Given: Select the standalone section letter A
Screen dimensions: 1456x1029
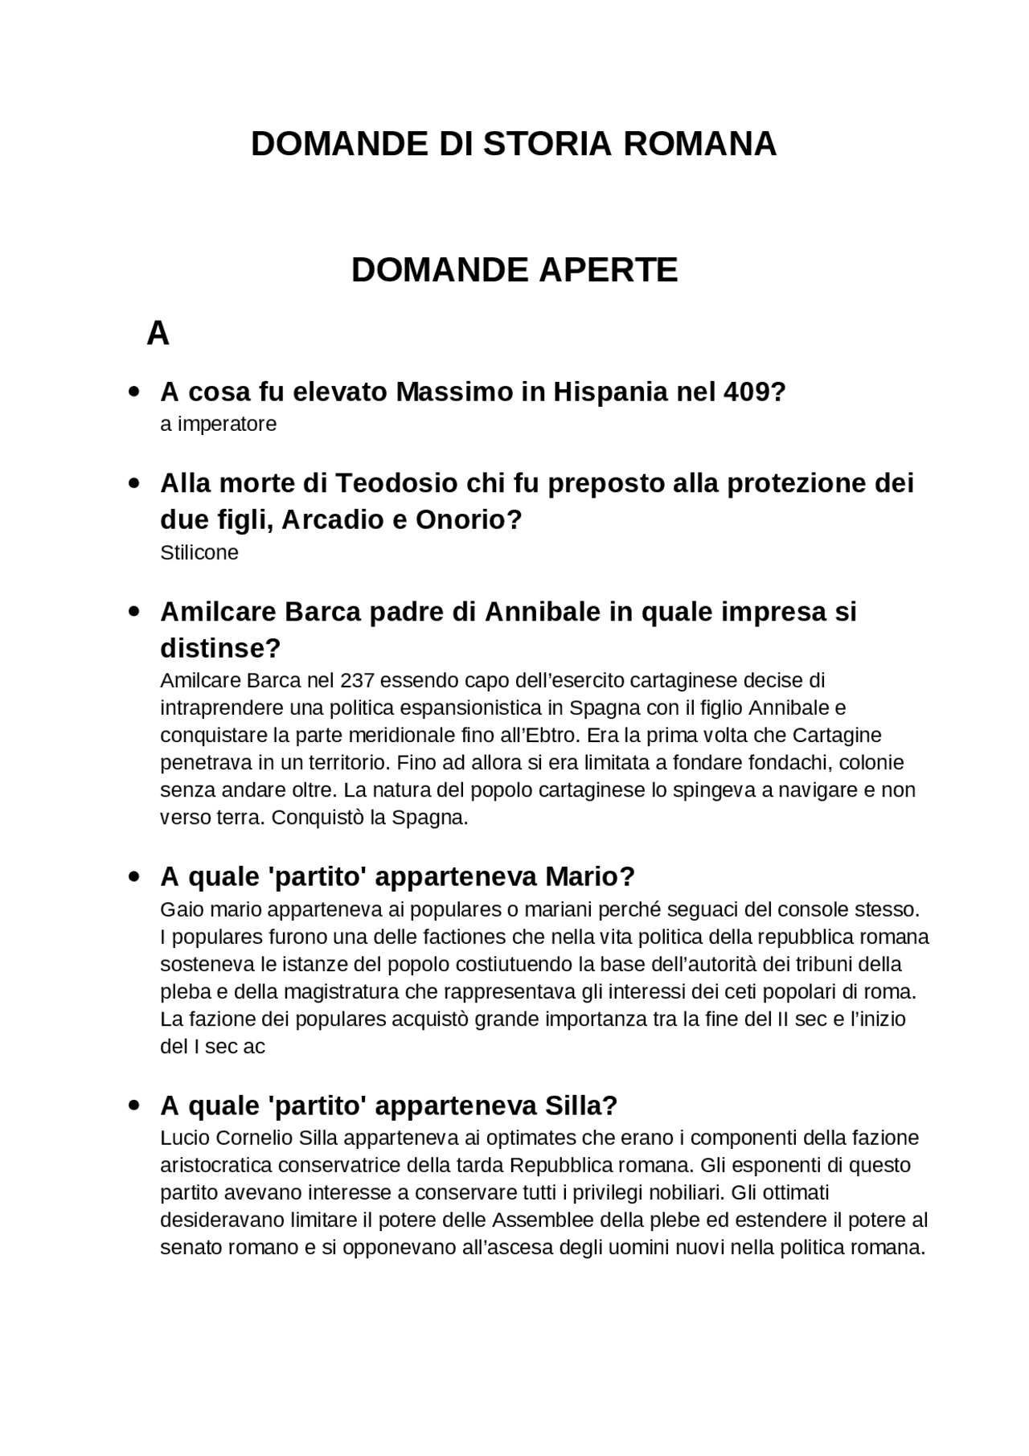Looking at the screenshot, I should pyautogui.click(x=158, y=333).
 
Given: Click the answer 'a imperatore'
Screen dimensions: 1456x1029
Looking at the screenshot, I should pyautogui.click(x=218, y=424).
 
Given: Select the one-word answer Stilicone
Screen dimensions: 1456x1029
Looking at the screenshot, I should pyautogui.click(x=199, y=552).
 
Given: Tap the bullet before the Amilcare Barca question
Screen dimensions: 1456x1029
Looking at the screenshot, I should pyautogui.click(x=133, y=612).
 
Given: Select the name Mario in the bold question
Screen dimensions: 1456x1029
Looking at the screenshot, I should pyautogui.click(x=589, y=876).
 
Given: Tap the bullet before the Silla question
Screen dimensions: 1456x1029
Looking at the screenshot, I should pyautogui.click(x=133, y=1105).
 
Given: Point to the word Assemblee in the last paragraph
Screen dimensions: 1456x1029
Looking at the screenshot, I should pyautogui.click(x=543, y=1220).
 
